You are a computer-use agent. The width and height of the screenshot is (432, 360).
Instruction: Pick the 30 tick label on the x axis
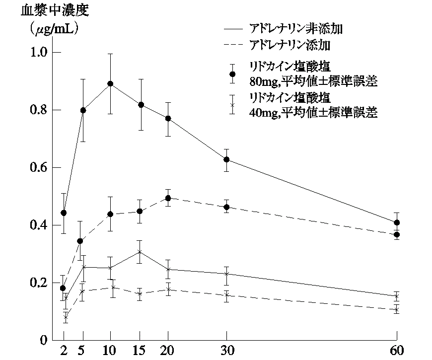coord(226,350)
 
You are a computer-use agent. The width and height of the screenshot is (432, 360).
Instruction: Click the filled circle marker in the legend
coord(232,74)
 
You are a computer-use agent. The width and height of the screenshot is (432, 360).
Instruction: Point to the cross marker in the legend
coord(232,105)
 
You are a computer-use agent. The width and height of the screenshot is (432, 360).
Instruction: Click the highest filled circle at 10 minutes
coord(110,84)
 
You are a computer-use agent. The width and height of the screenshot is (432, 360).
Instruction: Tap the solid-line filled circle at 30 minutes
coord(226,159)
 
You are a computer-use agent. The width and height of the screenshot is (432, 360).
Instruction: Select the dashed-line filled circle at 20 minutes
coord(168,198)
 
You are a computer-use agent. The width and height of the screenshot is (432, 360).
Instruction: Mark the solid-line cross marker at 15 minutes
coord(141,252)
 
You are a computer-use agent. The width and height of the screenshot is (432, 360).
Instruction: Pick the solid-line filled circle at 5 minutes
coord(83,110)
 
